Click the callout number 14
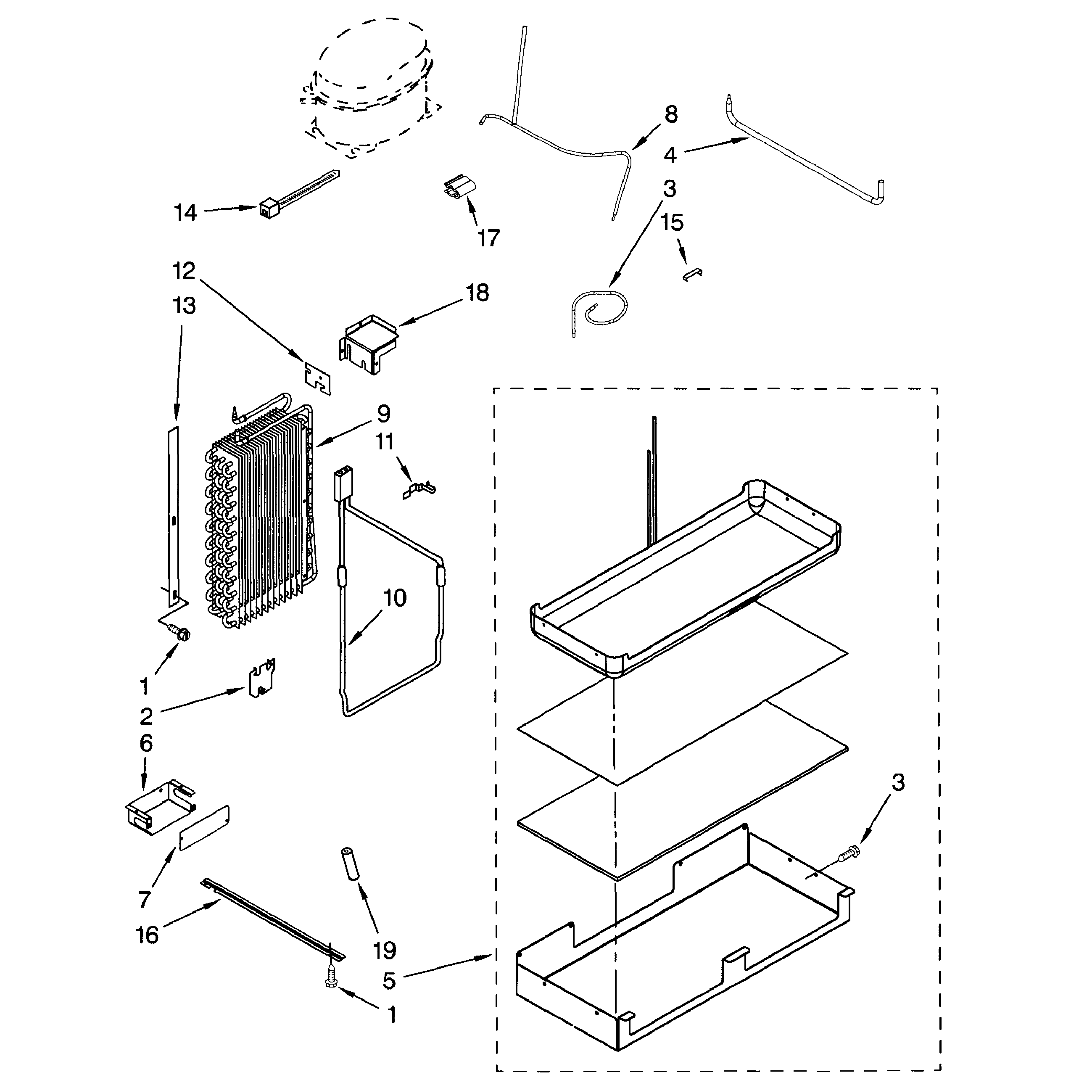(x=185, y=213)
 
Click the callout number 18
(x=477, y=293)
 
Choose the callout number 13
(x=184, y=306)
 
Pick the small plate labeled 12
(x=317, y=376)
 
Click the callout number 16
(x=148, y=935)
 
